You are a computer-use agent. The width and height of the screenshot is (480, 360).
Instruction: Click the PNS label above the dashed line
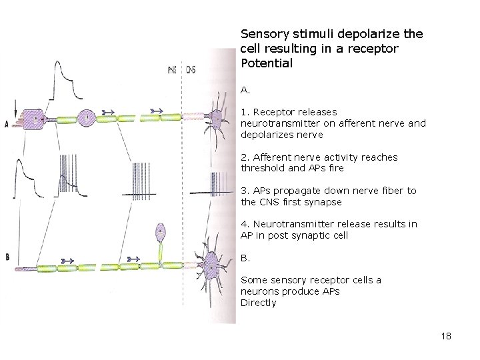(172, 70)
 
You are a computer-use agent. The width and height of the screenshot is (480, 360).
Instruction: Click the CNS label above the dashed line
(191, 70)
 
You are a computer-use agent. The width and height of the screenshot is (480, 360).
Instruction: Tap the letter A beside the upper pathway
(7, 124)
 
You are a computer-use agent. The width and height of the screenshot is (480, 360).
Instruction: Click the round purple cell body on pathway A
(87, 119)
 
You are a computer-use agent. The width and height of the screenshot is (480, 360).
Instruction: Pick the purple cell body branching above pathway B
(161, 233)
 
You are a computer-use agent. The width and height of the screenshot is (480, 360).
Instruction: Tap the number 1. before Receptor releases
(245, 112)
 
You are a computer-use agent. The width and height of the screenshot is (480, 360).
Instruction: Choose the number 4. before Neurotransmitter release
(245, 224)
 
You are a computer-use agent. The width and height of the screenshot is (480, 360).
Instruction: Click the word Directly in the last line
(258, 303)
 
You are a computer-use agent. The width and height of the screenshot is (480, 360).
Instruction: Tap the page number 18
(446, 336)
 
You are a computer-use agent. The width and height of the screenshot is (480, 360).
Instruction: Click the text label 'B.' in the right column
(245, 257)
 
